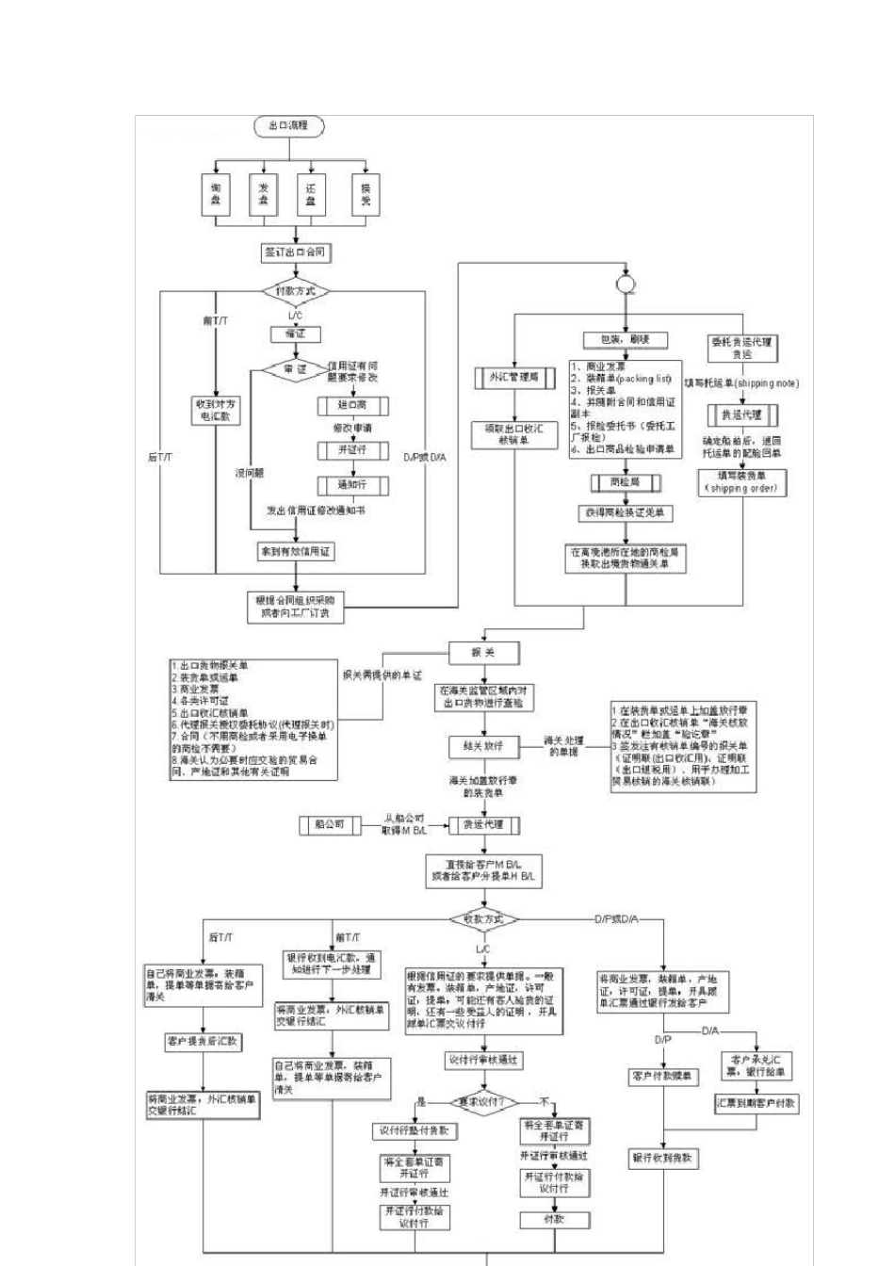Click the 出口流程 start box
tap(288, 125)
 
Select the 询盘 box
tap(215, 194)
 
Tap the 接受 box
tap(365, 194)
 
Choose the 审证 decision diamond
tap(295, 370)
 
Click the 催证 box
tap(295, 333)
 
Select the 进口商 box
tap(351, 405)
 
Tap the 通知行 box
tap(351, 485)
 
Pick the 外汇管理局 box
tap(514, 378)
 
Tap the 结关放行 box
tap(483, 746)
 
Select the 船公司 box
tap(329, 824)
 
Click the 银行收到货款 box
tap(663, 1159)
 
